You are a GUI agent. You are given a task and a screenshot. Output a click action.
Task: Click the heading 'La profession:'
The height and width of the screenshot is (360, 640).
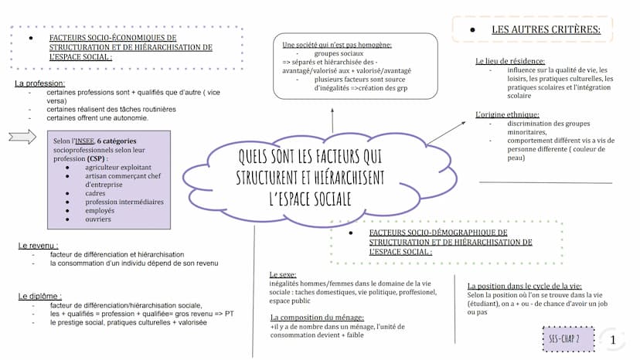point(39,83)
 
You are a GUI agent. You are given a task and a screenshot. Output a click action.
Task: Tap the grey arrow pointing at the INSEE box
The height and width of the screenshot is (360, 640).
point(22,137)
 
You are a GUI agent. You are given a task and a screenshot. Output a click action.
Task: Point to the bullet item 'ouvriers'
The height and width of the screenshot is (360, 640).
point(98,219)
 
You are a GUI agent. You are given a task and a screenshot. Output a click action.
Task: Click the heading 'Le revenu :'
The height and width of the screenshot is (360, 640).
point(39,246)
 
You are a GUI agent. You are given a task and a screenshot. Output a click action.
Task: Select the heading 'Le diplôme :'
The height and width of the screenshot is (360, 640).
point(39,296)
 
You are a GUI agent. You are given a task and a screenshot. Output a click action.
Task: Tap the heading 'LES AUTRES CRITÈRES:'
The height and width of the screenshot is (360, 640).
point(546,30)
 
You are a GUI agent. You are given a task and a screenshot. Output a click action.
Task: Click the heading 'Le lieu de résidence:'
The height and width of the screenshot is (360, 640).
point(510,61)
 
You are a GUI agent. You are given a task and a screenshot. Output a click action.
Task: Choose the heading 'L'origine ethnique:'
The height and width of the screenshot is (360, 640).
point(507,114)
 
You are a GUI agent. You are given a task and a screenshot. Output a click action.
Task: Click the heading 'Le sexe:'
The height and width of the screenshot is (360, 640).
point(284,275)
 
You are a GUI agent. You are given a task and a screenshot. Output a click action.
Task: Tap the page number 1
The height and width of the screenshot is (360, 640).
point(613,339)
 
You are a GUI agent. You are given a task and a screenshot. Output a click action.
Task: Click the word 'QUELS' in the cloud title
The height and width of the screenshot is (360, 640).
point(259,158)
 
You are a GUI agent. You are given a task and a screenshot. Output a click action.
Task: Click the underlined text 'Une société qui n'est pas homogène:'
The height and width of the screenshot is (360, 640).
point(337,45)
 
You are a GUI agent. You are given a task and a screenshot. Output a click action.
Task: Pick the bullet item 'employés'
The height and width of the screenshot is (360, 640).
point(101,210)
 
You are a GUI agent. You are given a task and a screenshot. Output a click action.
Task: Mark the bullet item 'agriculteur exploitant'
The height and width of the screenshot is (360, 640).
point(118,167)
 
